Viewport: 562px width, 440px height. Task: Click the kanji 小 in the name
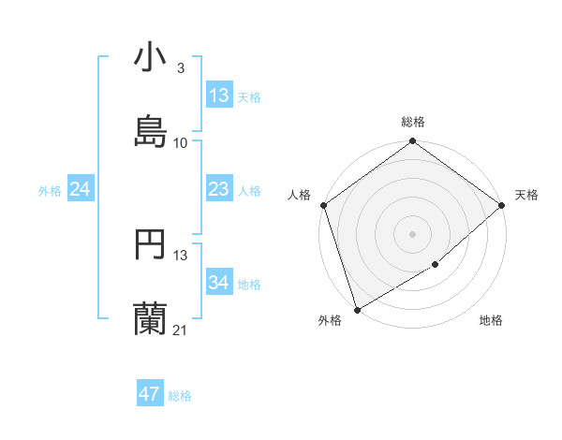(x=150, y=58)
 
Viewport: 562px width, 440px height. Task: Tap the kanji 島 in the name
(x=150, y=130)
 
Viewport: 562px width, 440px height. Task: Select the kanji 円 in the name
(x=150, y=245)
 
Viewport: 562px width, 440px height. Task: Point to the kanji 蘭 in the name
(x=150, y=318)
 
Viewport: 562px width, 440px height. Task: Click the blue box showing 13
(x=219, y=95)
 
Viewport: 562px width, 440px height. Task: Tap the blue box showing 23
(x=219, y=190)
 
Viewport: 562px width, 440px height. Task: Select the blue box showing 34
(x=219, y=284)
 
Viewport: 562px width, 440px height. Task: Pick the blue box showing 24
(x=80, y=190)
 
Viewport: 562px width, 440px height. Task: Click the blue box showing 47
(x=150, y=394)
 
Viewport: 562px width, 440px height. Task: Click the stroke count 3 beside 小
(x=180, y=68)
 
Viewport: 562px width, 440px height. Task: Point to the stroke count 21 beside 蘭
(x=181, y=330)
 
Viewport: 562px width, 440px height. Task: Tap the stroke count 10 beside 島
(x=181, y=142)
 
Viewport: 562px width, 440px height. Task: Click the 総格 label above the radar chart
(x=413, y=122)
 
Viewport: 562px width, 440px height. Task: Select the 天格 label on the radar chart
(x=526, y=195)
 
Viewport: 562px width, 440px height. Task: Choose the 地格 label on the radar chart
(x=491, y=320)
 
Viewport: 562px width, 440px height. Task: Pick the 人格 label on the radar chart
(x=299, y=195)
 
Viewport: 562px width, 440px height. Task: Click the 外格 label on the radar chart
(x=330, y=320)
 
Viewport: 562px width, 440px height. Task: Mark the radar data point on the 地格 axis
(x=436, y=265)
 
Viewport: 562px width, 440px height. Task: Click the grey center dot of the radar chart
(x=412, y=233)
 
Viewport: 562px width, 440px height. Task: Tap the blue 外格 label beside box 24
(x=50, y=191)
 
